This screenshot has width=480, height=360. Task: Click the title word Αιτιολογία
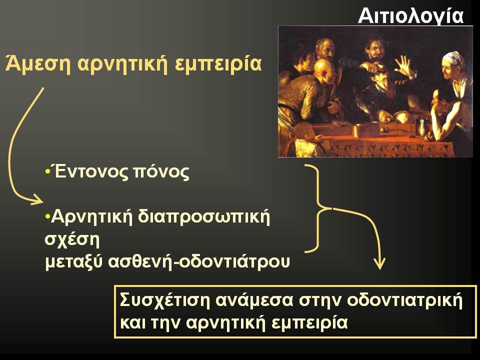tap(411, 16)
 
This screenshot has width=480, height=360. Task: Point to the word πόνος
tap(161, 173)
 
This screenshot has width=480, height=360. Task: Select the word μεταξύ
tap(73, 262)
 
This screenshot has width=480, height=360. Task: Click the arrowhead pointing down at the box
tap(380, 264)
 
